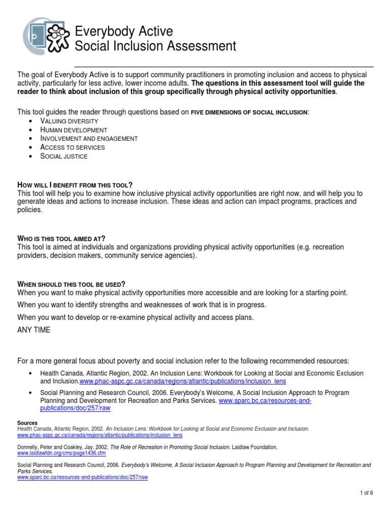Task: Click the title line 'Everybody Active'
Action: coord(124,32)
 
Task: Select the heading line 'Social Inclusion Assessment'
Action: coord(155,47)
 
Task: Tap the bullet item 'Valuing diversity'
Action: coord(69,121)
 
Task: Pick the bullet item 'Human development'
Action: coord(73,130)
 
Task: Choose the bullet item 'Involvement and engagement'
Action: coord(89,139)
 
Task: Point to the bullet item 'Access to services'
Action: coord(73,147)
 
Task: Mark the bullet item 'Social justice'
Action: coord(64,156)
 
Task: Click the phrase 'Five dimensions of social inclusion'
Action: coord(249,112)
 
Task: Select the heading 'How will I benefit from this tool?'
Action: coord(75,185)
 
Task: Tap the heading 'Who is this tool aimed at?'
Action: coord(61,239)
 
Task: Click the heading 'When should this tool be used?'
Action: coord(71,284)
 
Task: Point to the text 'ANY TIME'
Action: coord(34,330)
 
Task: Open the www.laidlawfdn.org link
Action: coord(61,453)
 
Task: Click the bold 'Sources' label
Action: coord(27,423)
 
